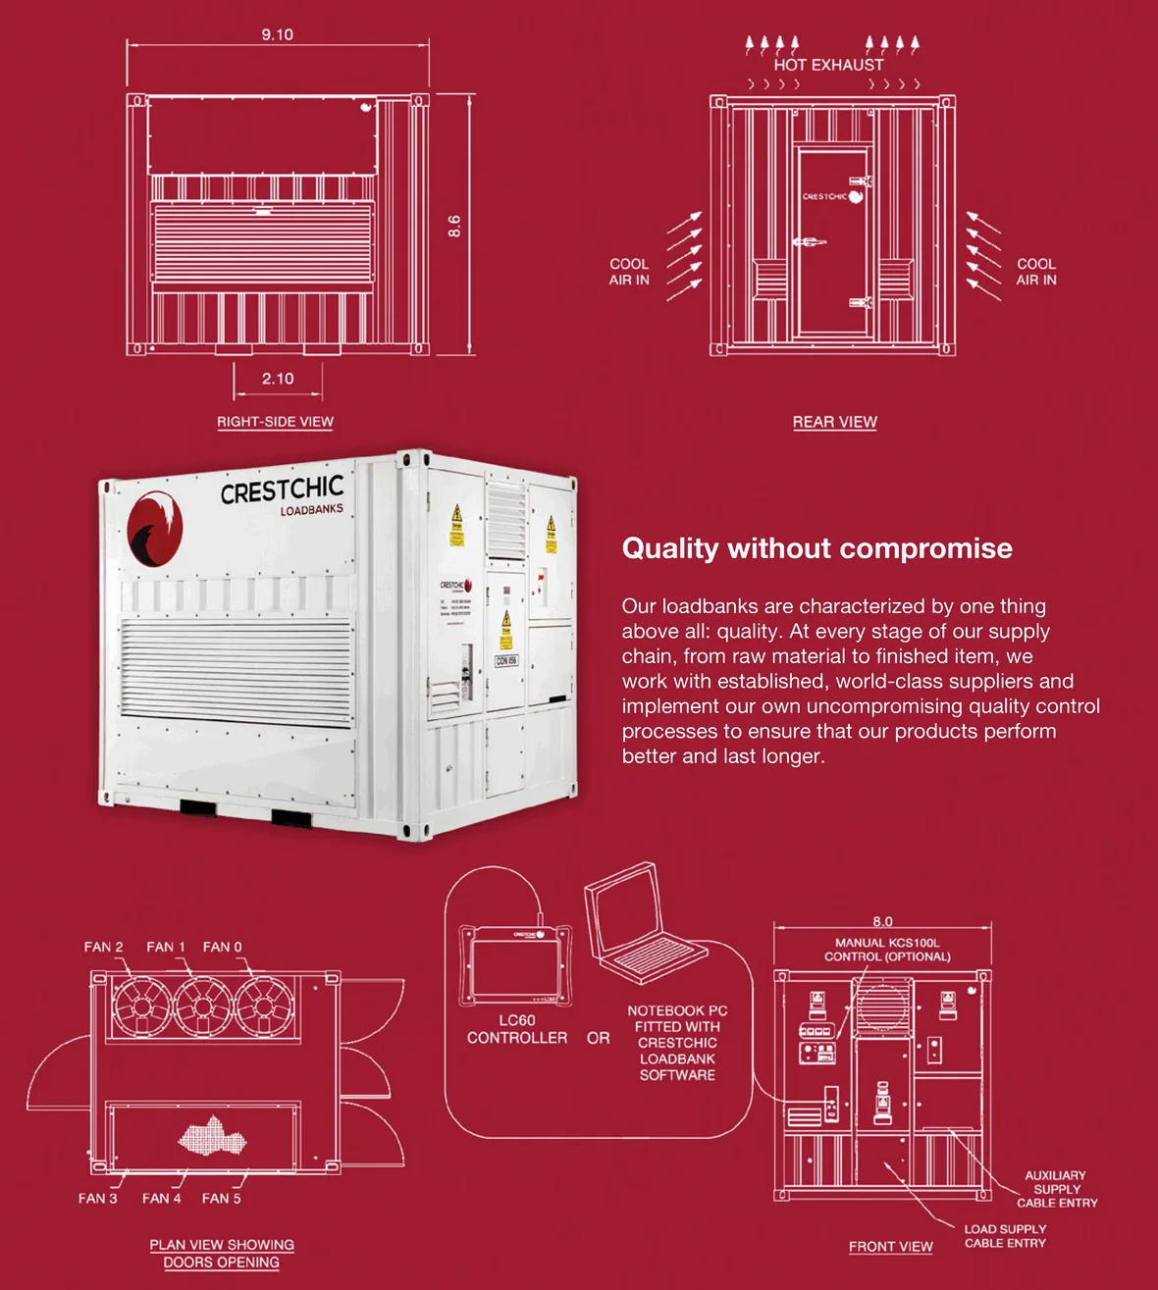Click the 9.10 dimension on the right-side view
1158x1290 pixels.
click(x=277, y=34)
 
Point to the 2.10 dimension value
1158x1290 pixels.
click(x=278, y=379)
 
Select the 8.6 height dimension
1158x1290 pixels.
click(x=454, y=227)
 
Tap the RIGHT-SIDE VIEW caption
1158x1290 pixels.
click(x=275, y=422)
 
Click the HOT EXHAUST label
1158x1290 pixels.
click(x=828, y=65)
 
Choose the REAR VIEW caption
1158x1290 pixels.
click(x=834, y=422)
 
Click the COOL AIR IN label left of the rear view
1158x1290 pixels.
click(x=629, y=272)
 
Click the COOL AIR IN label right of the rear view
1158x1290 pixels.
click(x=1036, y=272)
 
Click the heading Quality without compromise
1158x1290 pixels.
click(x=816, y=548)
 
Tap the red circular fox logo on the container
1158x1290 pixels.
click(x=154, y=529)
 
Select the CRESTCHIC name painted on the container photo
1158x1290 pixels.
click(x=282, y=490)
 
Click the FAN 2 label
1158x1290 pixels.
click(x=103, y=947)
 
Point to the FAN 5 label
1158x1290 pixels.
click(x=221, y=1198)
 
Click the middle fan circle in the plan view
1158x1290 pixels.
click(x=202, y=1006)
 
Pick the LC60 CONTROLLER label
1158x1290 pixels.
click(x=517, y=1029)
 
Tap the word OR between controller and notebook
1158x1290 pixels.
click(x=598, y=1038)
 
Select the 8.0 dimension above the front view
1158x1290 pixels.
click(x=882, y=921)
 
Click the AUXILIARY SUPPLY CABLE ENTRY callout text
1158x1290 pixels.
click(x=1056, y=1189)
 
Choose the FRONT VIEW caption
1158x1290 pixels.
click(x=890, y=1247)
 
